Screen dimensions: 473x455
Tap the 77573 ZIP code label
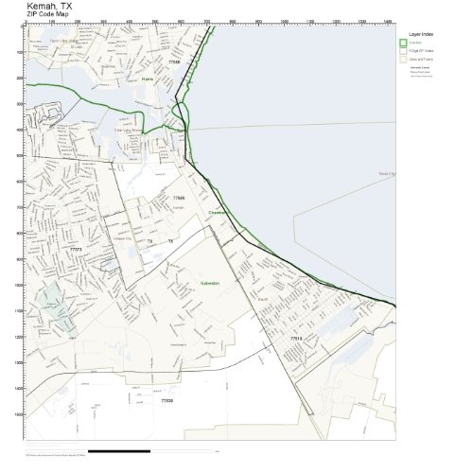coord(76,250)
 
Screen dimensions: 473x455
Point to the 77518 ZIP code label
coord(296,338)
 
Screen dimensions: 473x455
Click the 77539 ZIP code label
coord(166,401)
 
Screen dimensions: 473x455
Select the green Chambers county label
coord(219,213)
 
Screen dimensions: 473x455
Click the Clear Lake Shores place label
coord(129,130)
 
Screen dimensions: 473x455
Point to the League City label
coord(120,238)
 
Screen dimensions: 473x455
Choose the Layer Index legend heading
coord(421,32)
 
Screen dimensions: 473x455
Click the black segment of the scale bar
coord(119,450)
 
